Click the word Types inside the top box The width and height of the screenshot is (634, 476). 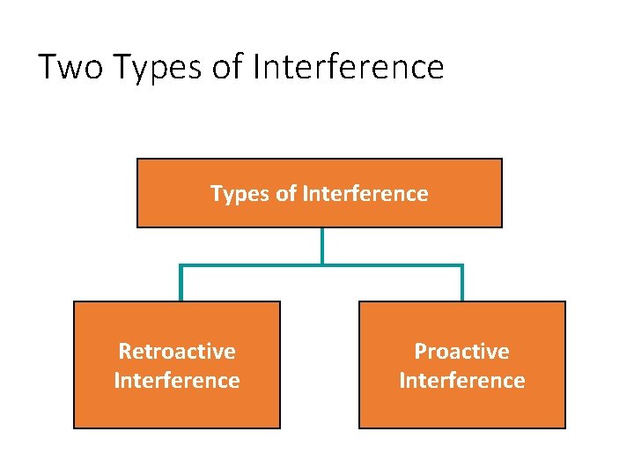pyautogui.click(x=240, y=194)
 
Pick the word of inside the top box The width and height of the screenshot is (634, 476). pyautogui.click(x=286, y=193)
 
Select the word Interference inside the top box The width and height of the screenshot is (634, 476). pyautogui.click(x=365, y=193)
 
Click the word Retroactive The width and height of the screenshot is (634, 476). pyautogui.click(x=177, y=351)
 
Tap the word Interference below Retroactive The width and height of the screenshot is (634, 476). pyautogui.click(x=177, y=380)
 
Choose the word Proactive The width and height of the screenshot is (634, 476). pyautogui.click(x=462, y=351)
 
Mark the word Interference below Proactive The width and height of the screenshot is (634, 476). pyautogui.click(x=462, y=380)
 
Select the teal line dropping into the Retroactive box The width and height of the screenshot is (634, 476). pyautogui.click(x=181, y=284)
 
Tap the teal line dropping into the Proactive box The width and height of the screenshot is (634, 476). pyautogui.click(x=461, y=284)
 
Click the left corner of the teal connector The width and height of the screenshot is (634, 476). pyautogui.click(x=181, y=265)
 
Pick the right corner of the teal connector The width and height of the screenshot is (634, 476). pyautogui.click(x=461, y=265)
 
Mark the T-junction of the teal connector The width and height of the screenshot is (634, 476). pyautogui.click(x=322, y=264)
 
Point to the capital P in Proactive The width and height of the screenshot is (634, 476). pyautogui.click(x=421, y=351)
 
